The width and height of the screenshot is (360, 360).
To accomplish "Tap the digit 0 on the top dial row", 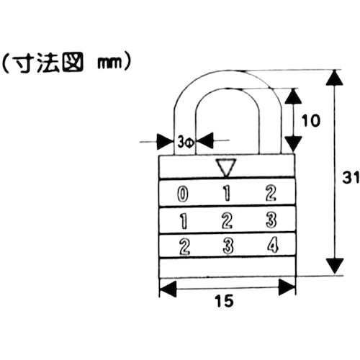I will point(184,193).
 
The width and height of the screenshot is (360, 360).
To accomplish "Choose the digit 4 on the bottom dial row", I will point(271,246).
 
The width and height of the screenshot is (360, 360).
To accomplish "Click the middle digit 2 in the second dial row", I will point(227,220).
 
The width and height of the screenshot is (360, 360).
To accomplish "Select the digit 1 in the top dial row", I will point(227,193).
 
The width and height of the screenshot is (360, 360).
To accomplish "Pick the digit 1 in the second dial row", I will point(184,220).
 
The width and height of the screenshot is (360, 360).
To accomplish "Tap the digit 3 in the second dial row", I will point(271,220).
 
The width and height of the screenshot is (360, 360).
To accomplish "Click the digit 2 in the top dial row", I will point(271,193).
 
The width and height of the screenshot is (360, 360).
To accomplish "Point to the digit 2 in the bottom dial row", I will point(184,246).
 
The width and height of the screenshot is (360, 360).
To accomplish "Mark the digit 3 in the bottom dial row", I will point(227,246).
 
